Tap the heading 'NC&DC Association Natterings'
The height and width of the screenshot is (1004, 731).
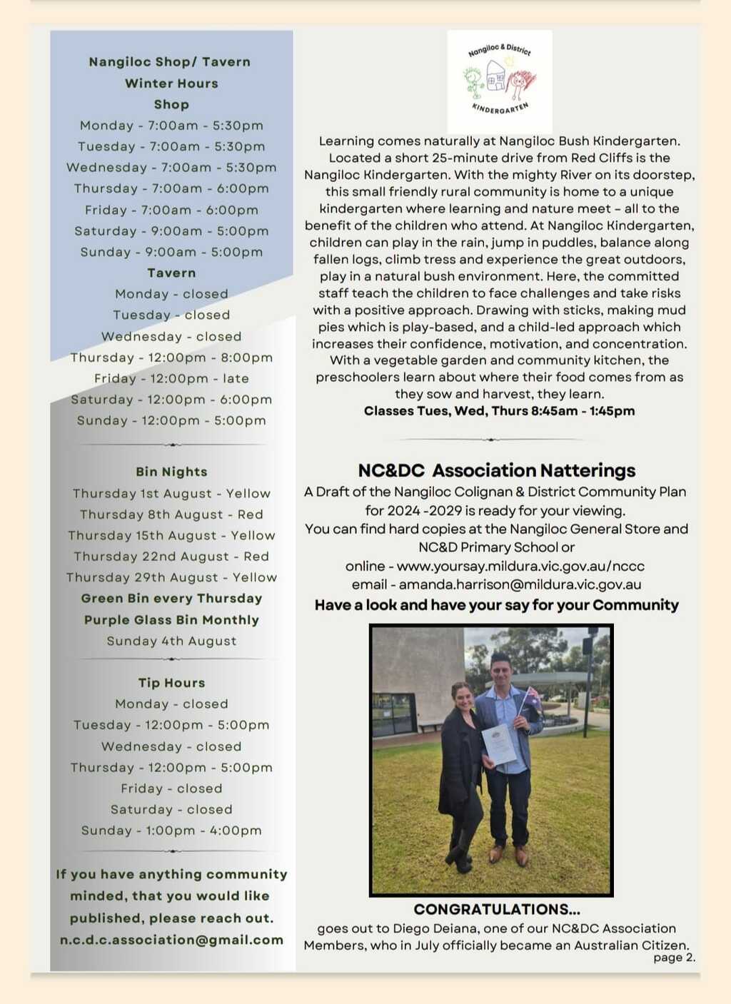coord(497,471)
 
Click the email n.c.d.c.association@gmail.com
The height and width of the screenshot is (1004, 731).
coord(171,940)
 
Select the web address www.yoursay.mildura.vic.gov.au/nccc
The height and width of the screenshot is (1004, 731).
coord(520,567)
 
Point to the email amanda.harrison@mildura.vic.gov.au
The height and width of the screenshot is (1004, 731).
coord(520,585)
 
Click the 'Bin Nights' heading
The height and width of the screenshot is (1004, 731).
coord(171,472)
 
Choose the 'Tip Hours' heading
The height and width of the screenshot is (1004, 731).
coord(171,683)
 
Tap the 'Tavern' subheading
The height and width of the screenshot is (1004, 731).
coord(171,273)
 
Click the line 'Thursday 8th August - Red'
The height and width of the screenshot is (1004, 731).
coord(171,514)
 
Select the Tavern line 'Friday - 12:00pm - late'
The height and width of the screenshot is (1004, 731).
coord(171,378)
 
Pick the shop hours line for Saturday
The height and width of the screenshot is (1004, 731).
coord(171,231)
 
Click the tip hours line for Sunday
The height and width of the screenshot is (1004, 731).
coord(171,831)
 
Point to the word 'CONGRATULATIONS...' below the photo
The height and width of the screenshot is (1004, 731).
coord(497,910)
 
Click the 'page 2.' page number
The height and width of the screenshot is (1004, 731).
coord(674,958)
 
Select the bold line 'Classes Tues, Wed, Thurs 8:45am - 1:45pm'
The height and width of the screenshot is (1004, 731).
coord(499,411)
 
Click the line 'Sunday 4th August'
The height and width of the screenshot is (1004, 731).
coord(171,641)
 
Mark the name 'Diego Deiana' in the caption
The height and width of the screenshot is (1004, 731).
coord(437,928)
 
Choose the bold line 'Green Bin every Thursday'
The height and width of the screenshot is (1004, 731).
coord(171,599)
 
